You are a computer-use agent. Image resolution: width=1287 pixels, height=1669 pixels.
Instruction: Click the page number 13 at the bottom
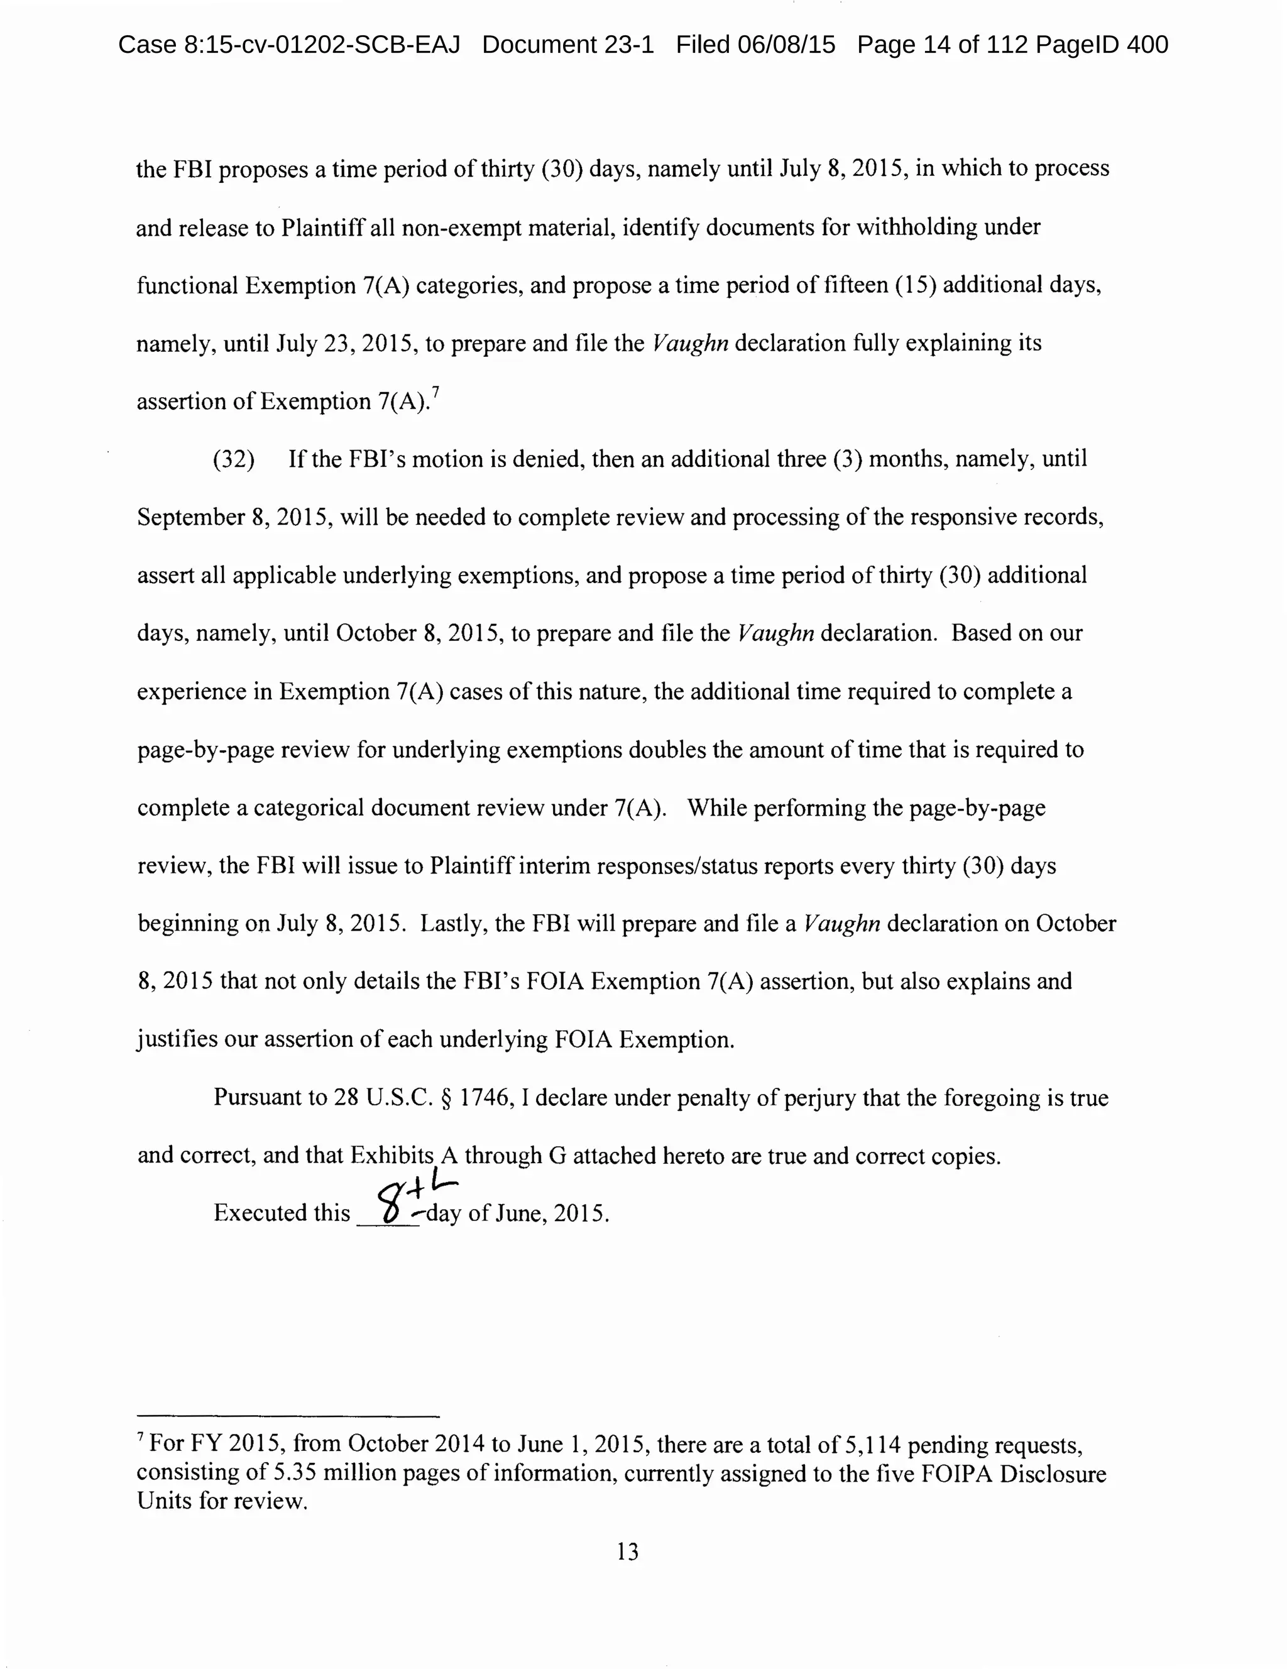point(627,1551)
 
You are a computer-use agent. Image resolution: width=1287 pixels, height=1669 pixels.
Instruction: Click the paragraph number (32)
point(234,459)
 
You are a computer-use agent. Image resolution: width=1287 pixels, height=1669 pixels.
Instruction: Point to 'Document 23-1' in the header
point(568,45)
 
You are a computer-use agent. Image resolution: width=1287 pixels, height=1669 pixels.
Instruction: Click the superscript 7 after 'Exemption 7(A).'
point(435,392)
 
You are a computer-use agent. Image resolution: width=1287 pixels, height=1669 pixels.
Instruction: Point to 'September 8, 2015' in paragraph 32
point(234,517)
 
